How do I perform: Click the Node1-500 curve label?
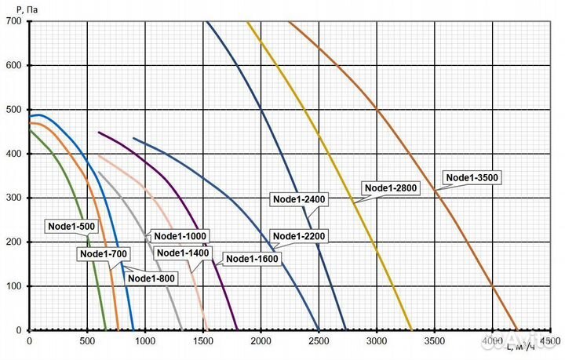point(73,227)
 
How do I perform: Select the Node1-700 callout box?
point(102,253)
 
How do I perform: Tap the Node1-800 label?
point(151,278)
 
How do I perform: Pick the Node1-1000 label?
point(180,236)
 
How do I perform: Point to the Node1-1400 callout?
point(183,253)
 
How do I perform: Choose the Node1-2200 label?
point(298,236)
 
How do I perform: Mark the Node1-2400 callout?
point(298,199)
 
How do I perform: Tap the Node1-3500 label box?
point(472,177)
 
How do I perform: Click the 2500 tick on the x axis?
point(318,341)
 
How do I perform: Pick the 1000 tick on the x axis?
point(145,341)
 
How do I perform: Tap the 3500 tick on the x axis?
point(434,341)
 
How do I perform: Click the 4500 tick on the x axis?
point(549,341)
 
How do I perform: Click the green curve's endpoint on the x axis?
point(105,330)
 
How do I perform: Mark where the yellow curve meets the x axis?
point(410,330)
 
